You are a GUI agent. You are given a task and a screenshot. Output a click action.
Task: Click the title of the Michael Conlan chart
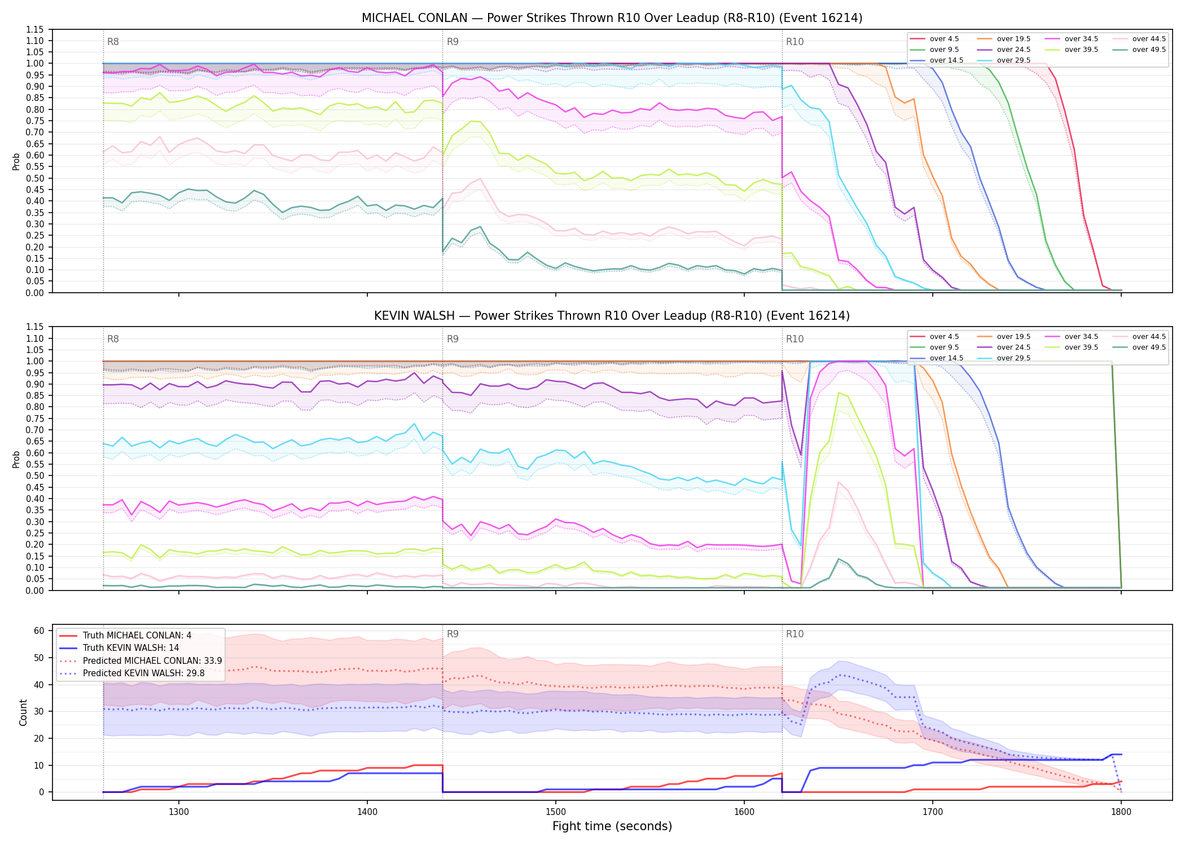[612, 18]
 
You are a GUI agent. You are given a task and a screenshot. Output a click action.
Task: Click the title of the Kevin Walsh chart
[612, 316]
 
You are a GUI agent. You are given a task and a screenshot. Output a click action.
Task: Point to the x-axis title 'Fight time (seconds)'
[612, 826]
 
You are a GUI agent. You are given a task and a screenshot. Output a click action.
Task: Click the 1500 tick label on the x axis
[556, 812]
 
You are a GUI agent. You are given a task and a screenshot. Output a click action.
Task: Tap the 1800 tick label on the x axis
[1121, 812]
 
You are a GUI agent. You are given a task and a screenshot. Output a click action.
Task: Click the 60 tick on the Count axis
[39, 631]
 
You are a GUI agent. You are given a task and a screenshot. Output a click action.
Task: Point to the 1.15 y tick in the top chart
[35, 29]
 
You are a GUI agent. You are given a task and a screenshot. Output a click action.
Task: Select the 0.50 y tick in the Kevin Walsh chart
[35, 476]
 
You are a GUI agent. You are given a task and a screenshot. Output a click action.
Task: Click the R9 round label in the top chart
[453, 42]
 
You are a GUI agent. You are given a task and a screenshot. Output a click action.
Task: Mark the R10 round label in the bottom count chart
[795, 634]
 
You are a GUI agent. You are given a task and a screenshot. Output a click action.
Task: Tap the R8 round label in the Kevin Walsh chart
[113, 339]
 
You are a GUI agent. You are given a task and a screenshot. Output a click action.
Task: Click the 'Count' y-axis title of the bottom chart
[23, 712]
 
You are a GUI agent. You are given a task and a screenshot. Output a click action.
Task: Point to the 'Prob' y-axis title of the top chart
[16, 161]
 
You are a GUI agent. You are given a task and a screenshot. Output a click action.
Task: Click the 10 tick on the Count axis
[39, 765]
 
